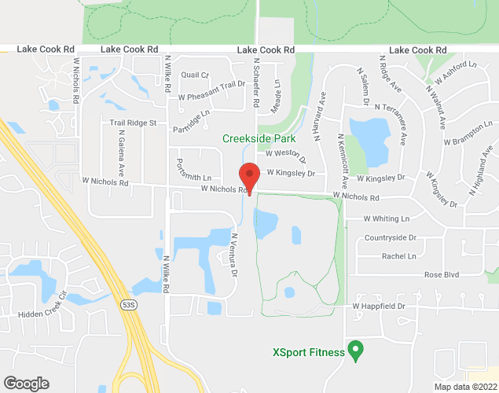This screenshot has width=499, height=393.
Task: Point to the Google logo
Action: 26,384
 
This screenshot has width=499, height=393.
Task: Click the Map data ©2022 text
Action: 465,386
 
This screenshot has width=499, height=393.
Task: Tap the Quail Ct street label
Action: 194,75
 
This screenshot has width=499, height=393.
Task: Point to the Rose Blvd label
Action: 441,274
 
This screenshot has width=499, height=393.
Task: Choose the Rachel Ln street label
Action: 398,255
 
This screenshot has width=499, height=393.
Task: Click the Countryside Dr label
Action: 394,237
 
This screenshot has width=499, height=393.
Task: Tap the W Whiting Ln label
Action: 387,219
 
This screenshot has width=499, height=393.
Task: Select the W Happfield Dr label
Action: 378,306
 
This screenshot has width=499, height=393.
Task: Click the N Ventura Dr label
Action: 233,254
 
